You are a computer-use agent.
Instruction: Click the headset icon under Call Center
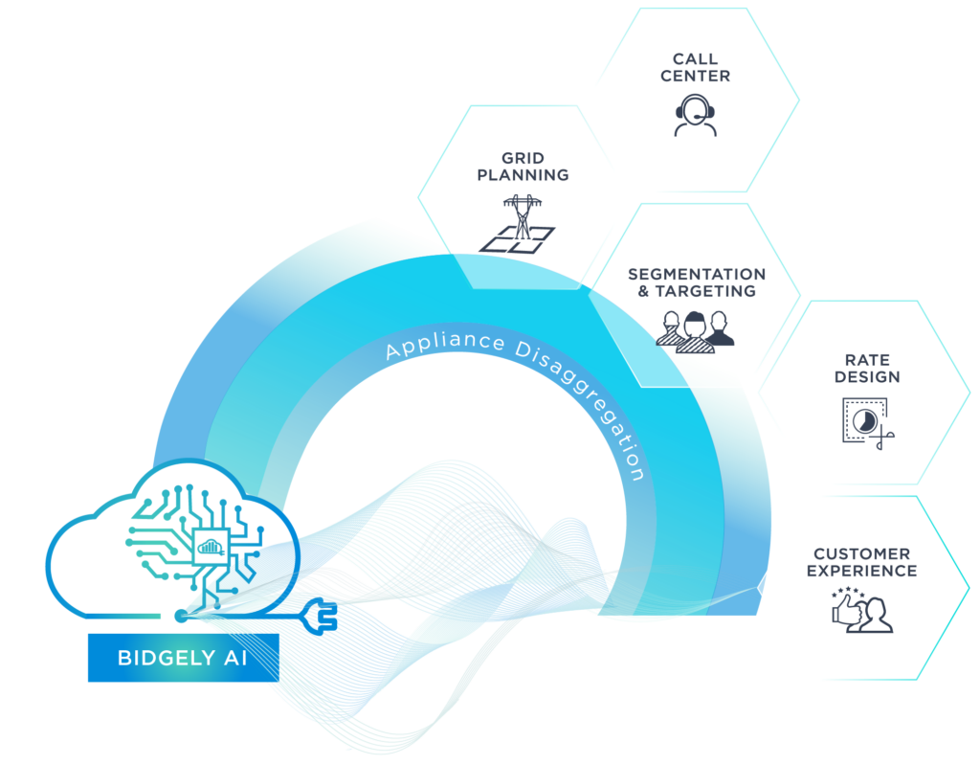coord(695,115)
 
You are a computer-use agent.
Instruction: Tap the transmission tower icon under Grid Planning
coord(518,224)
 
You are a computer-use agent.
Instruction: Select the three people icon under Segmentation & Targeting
coord(695,331)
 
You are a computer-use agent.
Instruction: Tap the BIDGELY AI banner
coord(183,658)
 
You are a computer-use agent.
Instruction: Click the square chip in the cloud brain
coord(211,547)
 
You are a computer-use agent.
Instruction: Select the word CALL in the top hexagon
coord(695,58)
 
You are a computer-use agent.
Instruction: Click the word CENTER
coord(695,77)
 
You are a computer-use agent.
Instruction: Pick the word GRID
coord(523,158)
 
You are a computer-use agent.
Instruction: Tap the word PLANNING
coord(523,175)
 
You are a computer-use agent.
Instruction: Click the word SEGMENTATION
coord(697,275)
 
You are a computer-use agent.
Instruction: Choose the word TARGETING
coord(705,291)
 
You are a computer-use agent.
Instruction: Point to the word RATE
coord(867,360)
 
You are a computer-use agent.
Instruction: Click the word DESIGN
coord(867,377)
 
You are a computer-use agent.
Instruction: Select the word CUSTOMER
coord(861,554)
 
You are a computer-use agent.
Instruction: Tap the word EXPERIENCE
coord(861,571)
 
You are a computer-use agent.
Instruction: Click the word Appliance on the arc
coord(445,345)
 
